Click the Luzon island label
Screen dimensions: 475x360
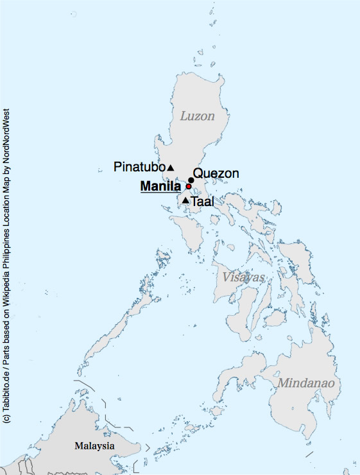click(197, 117)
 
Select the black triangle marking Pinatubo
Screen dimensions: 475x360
click(171, 168)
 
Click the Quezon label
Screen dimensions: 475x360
click(216, 173)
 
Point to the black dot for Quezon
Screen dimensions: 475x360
click(191, 180)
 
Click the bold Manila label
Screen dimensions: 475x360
click(160, 187)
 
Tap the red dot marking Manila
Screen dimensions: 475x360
click(189, 187)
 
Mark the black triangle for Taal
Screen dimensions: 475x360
click(185, 202)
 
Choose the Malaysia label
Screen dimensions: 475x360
click(94, 445)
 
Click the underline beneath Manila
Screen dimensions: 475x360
click(160, 194)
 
